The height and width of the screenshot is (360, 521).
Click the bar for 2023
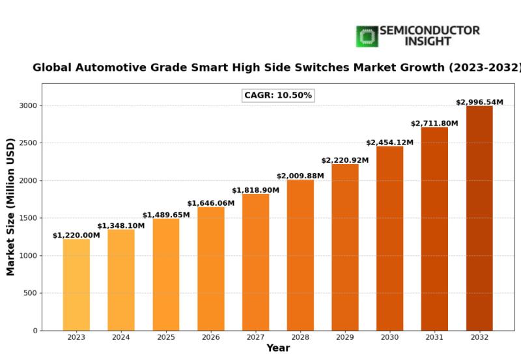point(76,284)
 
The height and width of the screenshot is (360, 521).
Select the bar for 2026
point(210,268)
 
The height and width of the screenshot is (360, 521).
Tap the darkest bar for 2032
point(479,218)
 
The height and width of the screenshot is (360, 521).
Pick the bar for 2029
point(345,247)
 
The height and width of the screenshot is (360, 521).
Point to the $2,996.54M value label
point(479,102)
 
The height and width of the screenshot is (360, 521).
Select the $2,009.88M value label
point(300,176)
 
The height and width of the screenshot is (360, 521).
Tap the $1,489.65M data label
point(166,215)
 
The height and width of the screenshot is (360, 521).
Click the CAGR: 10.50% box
point(278,96)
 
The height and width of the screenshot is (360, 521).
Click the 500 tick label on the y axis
point(29,293)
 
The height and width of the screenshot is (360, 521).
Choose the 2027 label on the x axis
point(255,337)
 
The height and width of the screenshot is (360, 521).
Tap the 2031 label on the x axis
point(434,337)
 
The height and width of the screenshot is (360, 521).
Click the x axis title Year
point(278,349)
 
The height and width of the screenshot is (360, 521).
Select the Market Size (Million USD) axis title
point(11,206)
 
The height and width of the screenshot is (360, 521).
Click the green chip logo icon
point(367,36)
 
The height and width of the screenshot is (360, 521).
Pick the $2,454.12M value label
point(389,143)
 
